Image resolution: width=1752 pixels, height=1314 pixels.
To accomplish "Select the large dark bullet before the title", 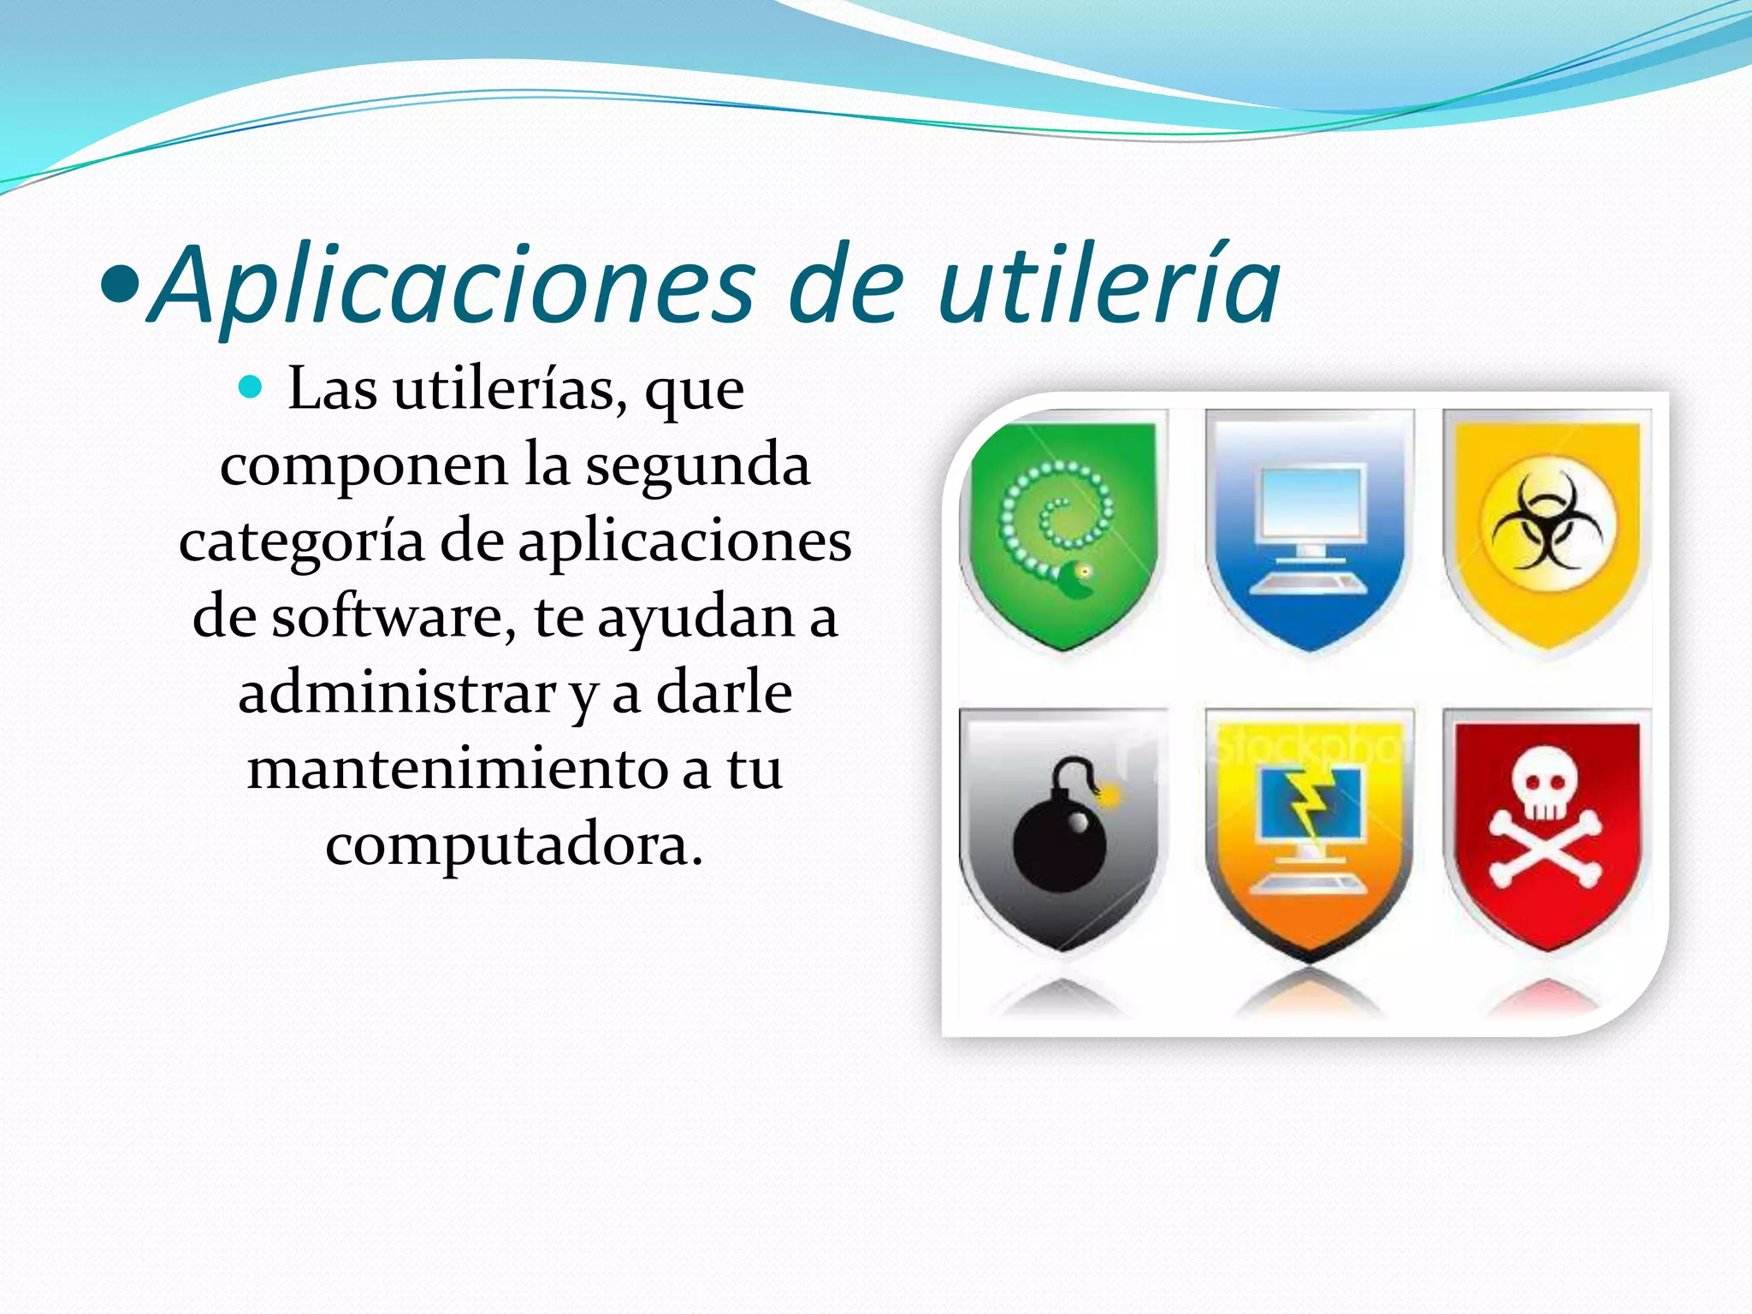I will [x=119, y=287].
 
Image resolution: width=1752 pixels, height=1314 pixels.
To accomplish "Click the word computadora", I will [x=513, y=845].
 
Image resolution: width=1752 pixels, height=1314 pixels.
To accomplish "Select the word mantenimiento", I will [x=459, y=769].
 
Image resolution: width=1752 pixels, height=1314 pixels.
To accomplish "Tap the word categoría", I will [x=301, y=542].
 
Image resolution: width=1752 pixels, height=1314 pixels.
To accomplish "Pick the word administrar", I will [x=397, y=694].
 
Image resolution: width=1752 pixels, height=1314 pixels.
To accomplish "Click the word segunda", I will [x=697, y=466].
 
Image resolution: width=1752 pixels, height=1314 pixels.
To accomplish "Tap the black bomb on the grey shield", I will [x=1059, y=843].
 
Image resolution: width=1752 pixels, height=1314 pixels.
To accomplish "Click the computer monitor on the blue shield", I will [x=1309, y=505].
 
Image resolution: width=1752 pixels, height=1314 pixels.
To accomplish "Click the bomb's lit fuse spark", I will [x=1110, y=796].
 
